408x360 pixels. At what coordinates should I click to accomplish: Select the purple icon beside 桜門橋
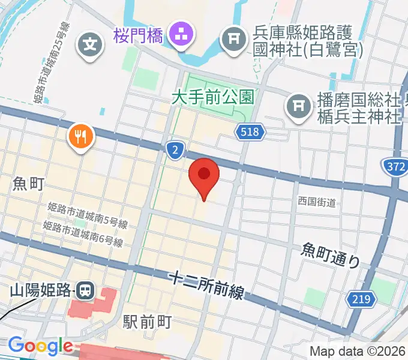pos(179,35)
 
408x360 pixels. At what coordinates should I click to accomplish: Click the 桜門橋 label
pos(138,36)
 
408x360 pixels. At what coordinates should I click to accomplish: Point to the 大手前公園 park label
pos(212,95)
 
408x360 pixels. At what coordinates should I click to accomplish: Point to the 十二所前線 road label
pos(208,285)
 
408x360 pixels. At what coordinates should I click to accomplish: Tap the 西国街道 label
pos(316,202)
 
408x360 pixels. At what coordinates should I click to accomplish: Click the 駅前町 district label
pos(148,322)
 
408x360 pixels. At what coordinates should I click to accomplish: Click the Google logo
pos(40,346)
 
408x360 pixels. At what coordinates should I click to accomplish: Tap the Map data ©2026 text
pos(358,351)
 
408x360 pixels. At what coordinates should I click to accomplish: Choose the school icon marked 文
pos(89,45)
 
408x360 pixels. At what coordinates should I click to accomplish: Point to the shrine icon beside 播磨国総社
pos(298,106)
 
